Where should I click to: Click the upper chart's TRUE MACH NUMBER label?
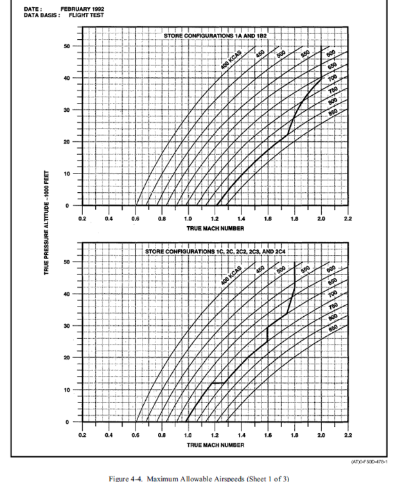pos(215,228)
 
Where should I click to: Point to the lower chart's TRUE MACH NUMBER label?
pos(215,444)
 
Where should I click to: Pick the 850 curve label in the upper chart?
pos(332,112)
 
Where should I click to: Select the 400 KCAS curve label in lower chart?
pos(230,276)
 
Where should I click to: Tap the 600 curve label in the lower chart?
pos(331,270)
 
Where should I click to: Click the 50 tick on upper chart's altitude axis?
pos(67,46)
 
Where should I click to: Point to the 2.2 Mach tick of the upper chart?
pos(348,219)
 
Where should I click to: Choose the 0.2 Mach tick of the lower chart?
pos(82,436)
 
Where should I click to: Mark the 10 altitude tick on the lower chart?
pos(67,390)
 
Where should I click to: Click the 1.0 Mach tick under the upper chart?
pos(188,219)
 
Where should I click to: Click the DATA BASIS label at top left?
pos(37,15)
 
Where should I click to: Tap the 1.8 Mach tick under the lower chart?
pos(294,436)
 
